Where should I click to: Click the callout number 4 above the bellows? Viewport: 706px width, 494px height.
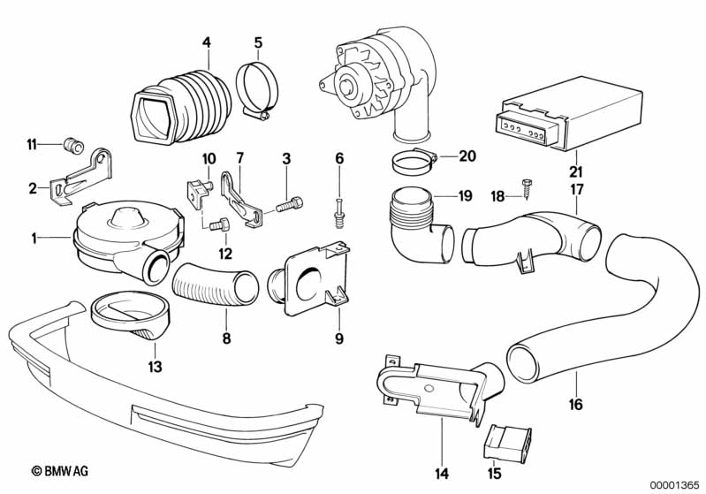tap(207, 42)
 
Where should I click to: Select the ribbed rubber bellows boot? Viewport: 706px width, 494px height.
tap(181, 106)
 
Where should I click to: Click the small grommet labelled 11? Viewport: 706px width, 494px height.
tap(72, 145)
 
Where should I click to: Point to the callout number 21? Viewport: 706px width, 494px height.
tap(576, 171)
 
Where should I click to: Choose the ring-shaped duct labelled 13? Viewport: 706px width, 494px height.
tap(130, 316)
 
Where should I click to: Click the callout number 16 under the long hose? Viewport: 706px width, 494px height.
tap(576, 405)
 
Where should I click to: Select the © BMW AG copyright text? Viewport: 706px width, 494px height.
tap(60, 471)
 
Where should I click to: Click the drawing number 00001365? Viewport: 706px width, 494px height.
tap(674, 484)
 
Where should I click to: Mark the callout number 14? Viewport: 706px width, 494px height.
tap(442, 474)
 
